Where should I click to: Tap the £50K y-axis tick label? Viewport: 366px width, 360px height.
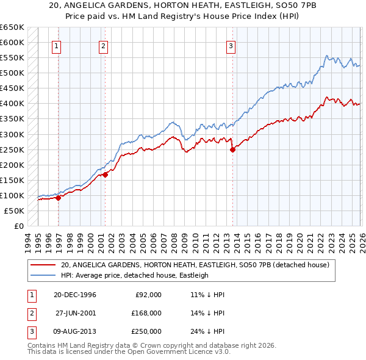pyautogui.click(x=15, y=211)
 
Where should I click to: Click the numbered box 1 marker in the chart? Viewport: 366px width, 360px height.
pyautogui.click(x=57, y=46)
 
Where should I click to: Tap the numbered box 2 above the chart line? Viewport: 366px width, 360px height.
pyautogui.click(x=104, y=46)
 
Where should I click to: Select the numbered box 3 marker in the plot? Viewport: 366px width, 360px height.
pyautogui.click(x=231, y=46)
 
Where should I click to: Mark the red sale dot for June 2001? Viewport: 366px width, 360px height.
pyautogui.click(x=105, y=175)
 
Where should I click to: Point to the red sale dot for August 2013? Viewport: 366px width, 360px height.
pyautogui.click(x=232, y=149)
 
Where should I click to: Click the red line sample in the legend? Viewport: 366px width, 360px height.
pyautogui.click(x=44, y=265)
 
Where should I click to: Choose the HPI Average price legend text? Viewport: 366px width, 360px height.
pyautogui.click(x=134, y=275)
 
